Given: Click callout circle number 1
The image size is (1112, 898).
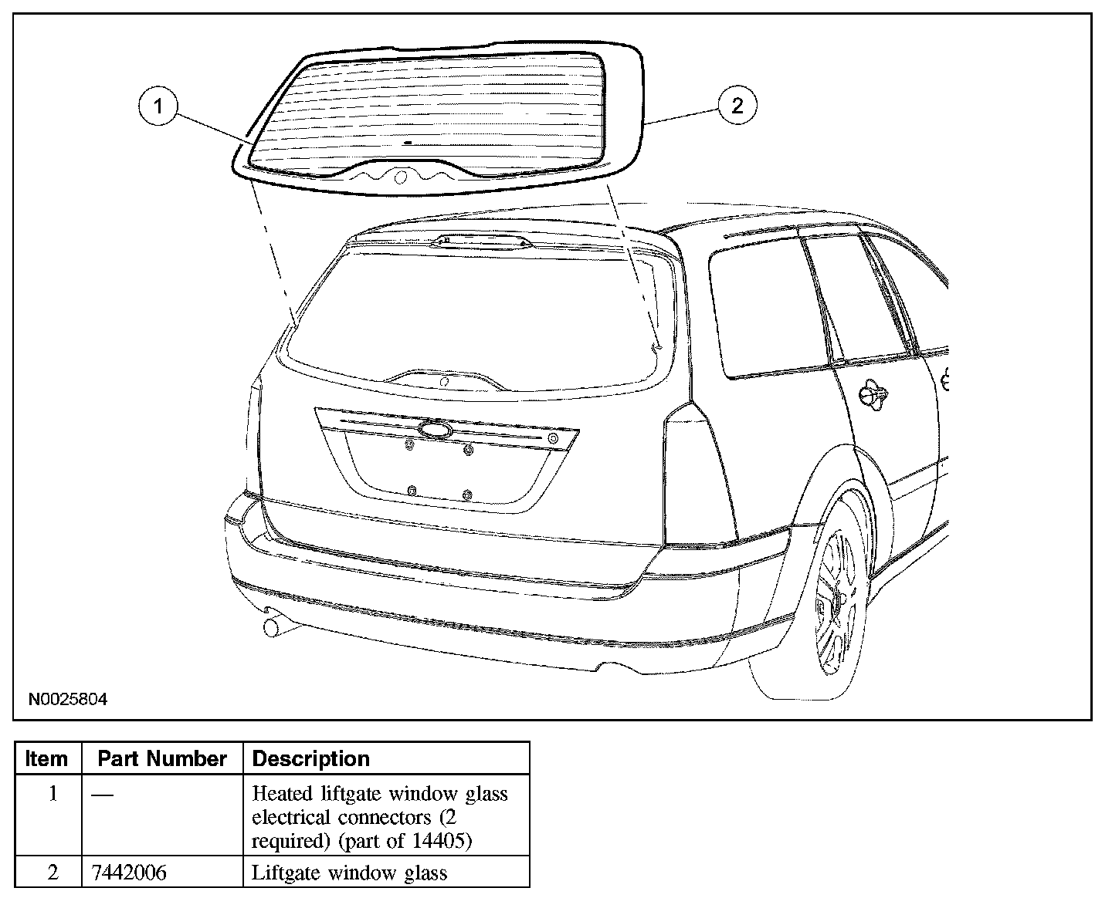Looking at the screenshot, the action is pyautogui.click(x=158, y=106).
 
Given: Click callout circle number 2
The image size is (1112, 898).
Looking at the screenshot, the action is pyautogui.click(x=737, y=106).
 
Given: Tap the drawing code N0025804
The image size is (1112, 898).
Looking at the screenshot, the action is pyautogui.click(x=68, y=700).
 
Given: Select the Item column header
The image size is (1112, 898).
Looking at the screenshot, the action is pyautogui.click(x=46, y=758).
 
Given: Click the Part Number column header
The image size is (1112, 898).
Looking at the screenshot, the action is pyautogui.click(x=162, y=758).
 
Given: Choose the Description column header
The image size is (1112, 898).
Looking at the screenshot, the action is pyautogui.click(x=311, y=758).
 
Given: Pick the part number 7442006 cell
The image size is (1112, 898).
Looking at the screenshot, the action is pyautogui.click(x=129, y=873).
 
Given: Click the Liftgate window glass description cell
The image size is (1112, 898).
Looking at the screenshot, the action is pyautogui.click(x=350, y=873).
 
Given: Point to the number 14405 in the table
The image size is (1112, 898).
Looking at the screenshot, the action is pyautogui.click(x=444, y=840).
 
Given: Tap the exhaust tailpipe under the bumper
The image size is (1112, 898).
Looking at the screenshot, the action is pyautogui.click(x=273, y=626).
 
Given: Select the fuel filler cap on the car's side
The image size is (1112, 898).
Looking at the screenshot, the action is pyautogui.click(x=873, y=394).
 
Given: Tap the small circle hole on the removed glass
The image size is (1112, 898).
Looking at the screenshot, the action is pyautogui.click(x=401, y=178).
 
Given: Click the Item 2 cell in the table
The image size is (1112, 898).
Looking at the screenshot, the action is pyautogui.click(x=53, y=873).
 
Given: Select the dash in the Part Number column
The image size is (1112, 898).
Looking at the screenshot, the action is pyautogui.click(x=102, y=794).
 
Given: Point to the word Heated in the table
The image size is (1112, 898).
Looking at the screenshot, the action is pyautogui.click(x=280, y=793).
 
